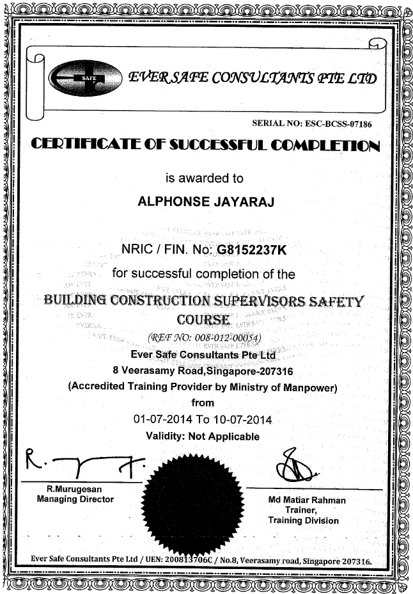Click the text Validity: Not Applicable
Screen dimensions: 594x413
pos(203,437)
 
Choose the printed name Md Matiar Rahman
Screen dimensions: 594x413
pos(308,500)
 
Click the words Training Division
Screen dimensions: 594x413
pos(304,520)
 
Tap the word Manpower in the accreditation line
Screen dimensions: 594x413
pos(311,387)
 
